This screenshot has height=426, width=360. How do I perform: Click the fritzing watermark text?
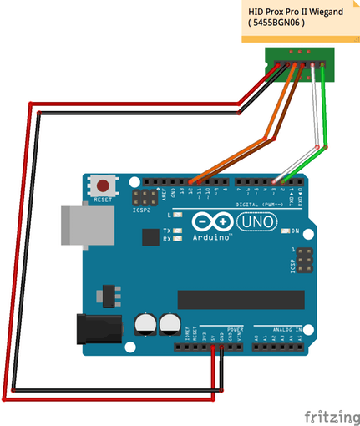point(331,414)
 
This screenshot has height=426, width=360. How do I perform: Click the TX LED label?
point(167,230)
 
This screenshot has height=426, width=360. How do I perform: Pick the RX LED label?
point(167,239)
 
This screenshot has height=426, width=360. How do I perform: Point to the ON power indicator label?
point(296,230)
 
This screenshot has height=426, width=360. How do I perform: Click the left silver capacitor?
point(145,322)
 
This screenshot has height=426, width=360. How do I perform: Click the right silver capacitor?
point(170,322)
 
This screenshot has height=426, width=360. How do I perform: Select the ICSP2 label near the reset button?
point(142,210)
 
